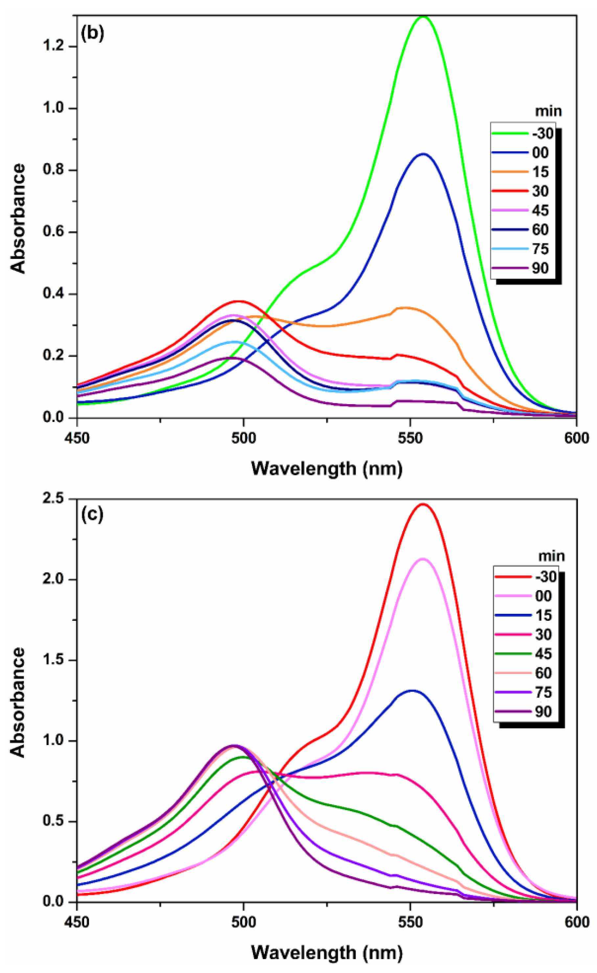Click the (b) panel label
pyautogui.click(x=92, y=33)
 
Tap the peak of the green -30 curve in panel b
pyautogui.click(x=423, y=16)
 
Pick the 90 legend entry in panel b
pyautogui.click(x=540, y=268)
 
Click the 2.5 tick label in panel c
pyautogui.click(x=54, y=499)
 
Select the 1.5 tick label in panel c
pyautogui.click(x=54, y=660)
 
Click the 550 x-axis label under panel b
pyautogui.click(x=411, y=437)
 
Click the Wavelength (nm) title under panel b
pyautogui.click(x=327, y=468)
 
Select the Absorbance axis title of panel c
pyautogui.click(x=18, y=702)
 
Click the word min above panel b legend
pyautogui.click(x=548, y=111)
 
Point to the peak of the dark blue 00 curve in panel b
pyautogui.click(x=423, y=154)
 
